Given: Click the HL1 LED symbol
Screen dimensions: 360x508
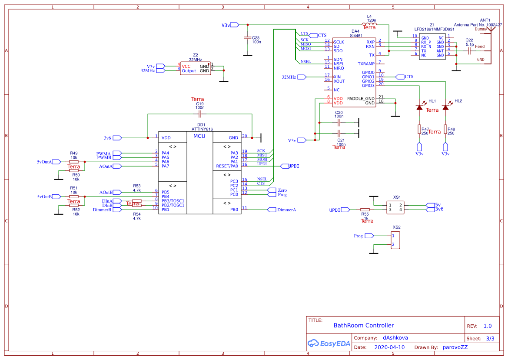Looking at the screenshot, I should (x=419, y=107).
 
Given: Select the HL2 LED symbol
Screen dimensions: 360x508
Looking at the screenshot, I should (x=445, y=107).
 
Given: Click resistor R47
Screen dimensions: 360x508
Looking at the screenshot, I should (x=419, y=129).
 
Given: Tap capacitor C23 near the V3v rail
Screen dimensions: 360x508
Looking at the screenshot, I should (x=247, y=38).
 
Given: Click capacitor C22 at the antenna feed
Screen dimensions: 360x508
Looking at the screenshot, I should (x=469, y=51).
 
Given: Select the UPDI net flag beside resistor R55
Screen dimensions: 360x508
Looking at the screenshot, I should (x=345, y=210).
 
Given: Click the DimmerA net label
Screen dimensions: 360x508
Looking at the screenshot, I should (x=287, y=210).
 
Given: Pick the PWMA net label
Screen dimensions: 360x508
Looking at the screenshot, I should (x=104, y=153).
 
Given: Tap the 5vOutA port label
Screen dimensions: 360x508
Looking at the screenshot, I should (x=44, y=162).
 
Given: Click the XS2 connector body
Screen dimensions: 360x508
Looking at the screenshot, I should (x=395, y=240).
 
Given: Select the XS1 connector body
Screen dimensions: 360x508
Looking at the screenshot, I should (x=396, y=207).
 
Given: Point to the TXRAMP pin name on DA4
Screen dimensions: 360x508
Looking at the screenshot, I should (x=366, y=64).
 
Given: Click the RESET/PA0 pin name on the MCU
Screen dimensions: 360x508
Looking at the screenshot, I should (x=227, y=166).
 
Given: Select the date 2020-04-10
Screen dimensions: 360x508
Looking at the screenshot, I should (x=389, y=347).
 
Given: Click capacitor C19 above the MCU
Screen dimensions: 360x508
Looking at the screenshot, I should (x=200, y=114).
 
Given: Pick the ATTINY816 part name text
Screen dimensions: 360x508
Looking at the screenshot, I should (x=202, y=129).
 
